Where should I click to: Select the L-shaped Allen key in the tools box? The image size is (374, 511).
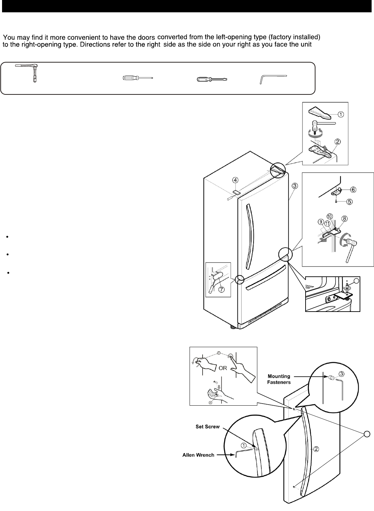click(x=273, y=79)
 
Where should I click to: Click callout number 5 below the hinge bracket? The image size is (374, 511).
click(x=349, y=201)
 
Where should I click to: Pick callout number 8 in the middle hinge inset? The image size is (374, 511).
click(x=344, y=218)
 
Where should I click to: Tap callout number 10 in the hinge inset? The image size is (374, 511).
click(x=330, y=216)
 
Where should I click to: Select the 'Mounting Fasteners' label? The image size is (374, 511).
click(x=279, y=379)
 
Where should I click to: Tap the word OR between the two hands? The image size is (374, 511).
click(x=223, y=368)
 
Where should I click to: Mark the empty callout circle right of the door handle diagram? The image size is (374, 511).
click(x=366, y=434)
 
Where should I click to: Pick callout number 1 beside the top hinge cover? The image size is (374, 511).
click(x=341, y=114)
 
